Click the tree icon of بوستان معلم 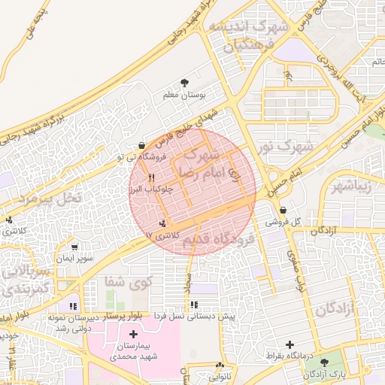(x=185, y=83)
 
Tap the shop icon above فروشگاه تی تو (x=142, y=145)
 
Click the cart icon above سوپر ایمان (x=74, y=246)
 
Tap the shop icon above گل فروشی (x=283, y=210)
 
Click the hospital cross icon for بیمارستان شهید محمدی (x=134, y=334)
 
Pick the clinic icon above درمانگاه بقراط (x=289, y=344)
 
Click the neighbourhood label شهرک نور (x=283, y=147)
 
